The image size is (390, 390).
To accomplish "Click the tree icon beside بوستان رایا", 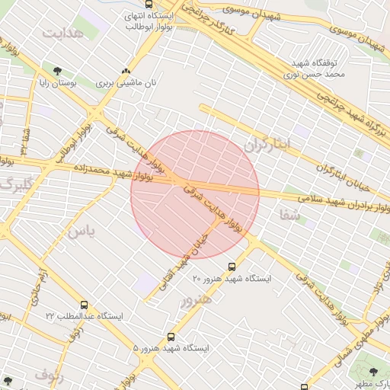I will click(58, 71).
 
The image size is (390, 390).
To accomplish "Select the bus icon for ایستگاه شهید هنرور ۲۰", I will click(232, 267).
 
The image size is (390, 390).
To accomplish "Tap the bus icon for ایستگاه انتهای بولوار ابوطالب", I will click(137, 3).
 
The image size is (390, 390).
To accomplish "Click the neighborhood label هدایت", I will click(61, 35).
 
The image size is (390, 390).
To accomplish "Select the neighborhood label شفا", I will click(292, 217).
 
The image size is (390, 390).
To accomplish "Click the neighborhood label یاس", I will click(82, 231).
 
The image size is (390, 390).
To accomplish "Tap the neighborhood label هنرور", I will click(193, 299).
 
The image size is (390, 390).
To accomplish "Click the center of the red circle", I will click(195, 195).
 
